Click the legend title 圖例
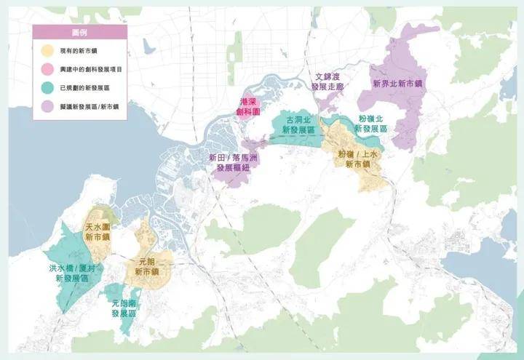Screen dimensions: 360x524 pos(77,33)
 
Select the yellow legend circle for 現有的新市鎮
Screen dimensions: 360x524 pos(45,51)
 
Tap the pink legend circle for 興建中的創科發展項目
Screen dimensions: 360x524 pos(45,69)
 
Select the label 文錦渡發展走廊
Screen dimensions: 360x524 pos(325,81)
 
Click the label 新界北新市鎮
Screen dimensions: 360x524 pos(397,84)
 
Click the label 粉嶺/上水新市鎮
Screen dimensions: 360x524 pos(357,159)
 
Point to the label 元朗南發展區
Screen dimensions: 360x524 pos(124,308)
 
